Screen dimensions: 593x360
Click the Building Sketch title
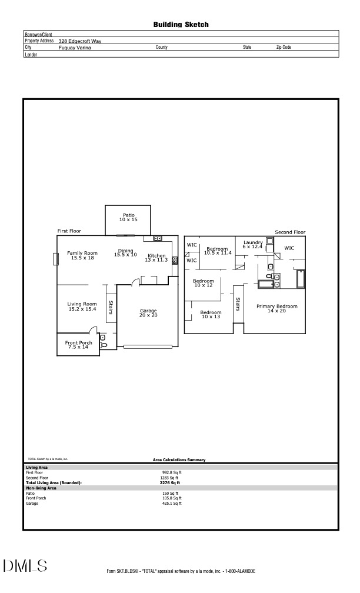click(181, 25)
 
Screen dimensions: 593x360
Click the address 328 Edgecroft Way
click(80, 41)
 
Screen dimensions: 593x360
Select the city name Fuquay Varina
click(75, 47)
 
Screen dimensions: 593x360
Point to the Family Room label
click(82, 255)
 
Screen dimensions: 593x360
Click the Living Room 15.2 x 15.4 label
click(82, 307)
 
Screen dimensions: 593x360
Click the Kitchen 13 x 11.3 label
click(156, 258)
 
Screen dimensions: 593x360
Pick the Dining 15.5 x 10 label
click(125, 252)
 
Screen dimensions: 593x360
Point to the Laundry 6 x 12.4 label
click(252, 244)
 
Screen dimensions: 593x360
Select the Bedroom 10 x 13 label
click(210, 314)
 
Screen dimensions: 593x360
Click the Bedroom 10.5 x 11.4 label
click(217, 251)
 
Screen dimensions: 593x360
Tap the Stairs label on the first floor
click(110, 308)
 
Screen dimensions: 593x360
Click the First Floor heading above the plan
click(69, 231)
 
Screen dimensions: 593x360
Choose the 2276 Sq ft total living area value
click(169, 482)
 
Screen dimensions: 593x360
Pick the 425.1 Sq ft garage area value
click(172, 503)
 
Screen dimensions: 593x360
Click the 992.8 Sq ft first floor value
click(172, 472)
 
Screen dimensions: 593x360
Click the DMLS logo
click(25, 566)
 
